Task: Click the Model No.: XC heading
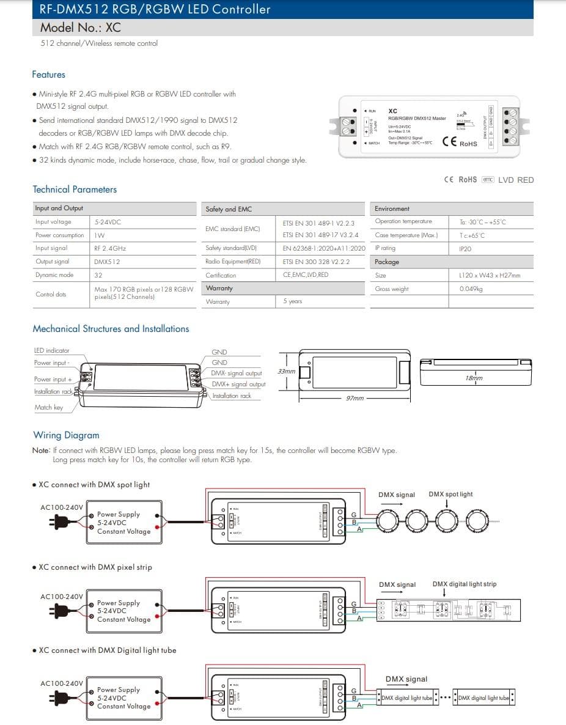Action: [x=80, y=28]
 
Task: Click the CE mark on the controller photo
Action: [x=449, y=142]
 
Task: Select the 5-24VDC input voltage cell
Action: [x=108, y=222]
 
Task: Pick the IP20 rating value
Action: [x=465, y=249]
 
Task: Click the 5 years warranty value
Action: [x=292, y=301]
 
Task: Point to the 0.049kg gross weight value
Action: [x=471, y=289]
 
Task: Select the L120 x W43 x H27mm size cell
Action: [x=489, y=275]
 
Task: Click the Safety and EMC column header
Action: [x=229, y=209]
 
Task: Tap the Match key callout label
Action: [x=48, y=407]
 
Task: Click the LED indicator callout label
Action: [x=51, y=350]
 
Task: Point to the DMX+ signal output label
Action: [x=238, y=385]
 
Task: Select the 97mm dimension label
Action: [x=355, y=398]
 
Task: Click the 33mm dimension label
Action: [x=286, y=371]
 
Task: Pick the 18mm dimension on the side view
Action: [x=474, y=378]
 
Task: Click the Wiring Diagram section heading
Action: [x=66, y=435]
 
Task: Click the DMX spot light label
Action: [x=450, y=494]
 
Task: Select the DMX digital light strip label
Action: [x=465, y=584]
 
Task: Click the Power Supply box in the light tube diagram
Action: [x=123, y=697]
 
